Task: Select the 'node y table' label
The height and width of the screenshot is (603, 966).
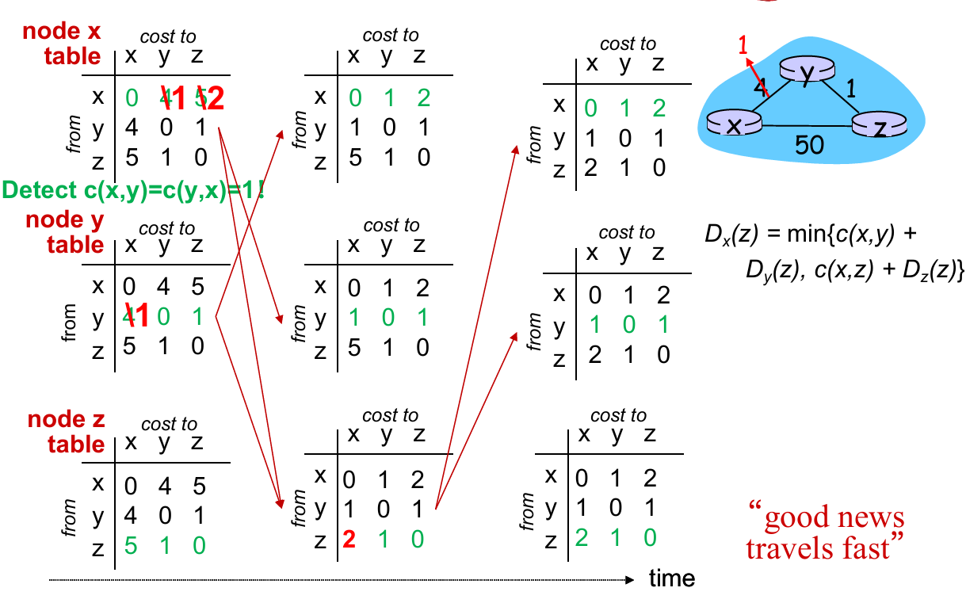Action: coord(66,231)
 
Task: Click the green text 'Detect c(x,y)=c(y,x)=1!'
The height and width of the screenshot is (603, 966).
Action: coord(133,190)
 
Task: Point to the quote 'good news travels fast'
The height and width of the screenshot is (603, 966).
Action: coord(825,532)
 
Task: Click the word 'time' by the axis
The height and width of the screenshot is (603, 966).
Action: coord(672,578)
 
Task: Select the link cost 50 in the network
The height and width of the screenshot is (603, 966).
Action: coord(809,145)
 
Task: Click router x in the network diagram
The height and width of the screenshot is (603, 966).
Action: coord(734,124)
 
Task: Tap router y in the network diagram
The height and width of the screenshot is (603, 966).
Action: coord(807,72)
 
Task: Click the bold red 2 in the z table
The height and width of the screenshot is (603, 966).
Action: coord(348,540)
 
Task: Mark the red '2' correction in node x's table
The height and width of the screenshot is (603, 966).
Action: coord(212,97)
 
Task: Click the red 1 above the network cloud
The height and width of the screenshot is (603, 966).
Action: coord(743,45)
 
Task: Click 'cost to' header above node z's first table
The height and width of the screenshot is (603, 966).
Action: coord(168,425)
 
